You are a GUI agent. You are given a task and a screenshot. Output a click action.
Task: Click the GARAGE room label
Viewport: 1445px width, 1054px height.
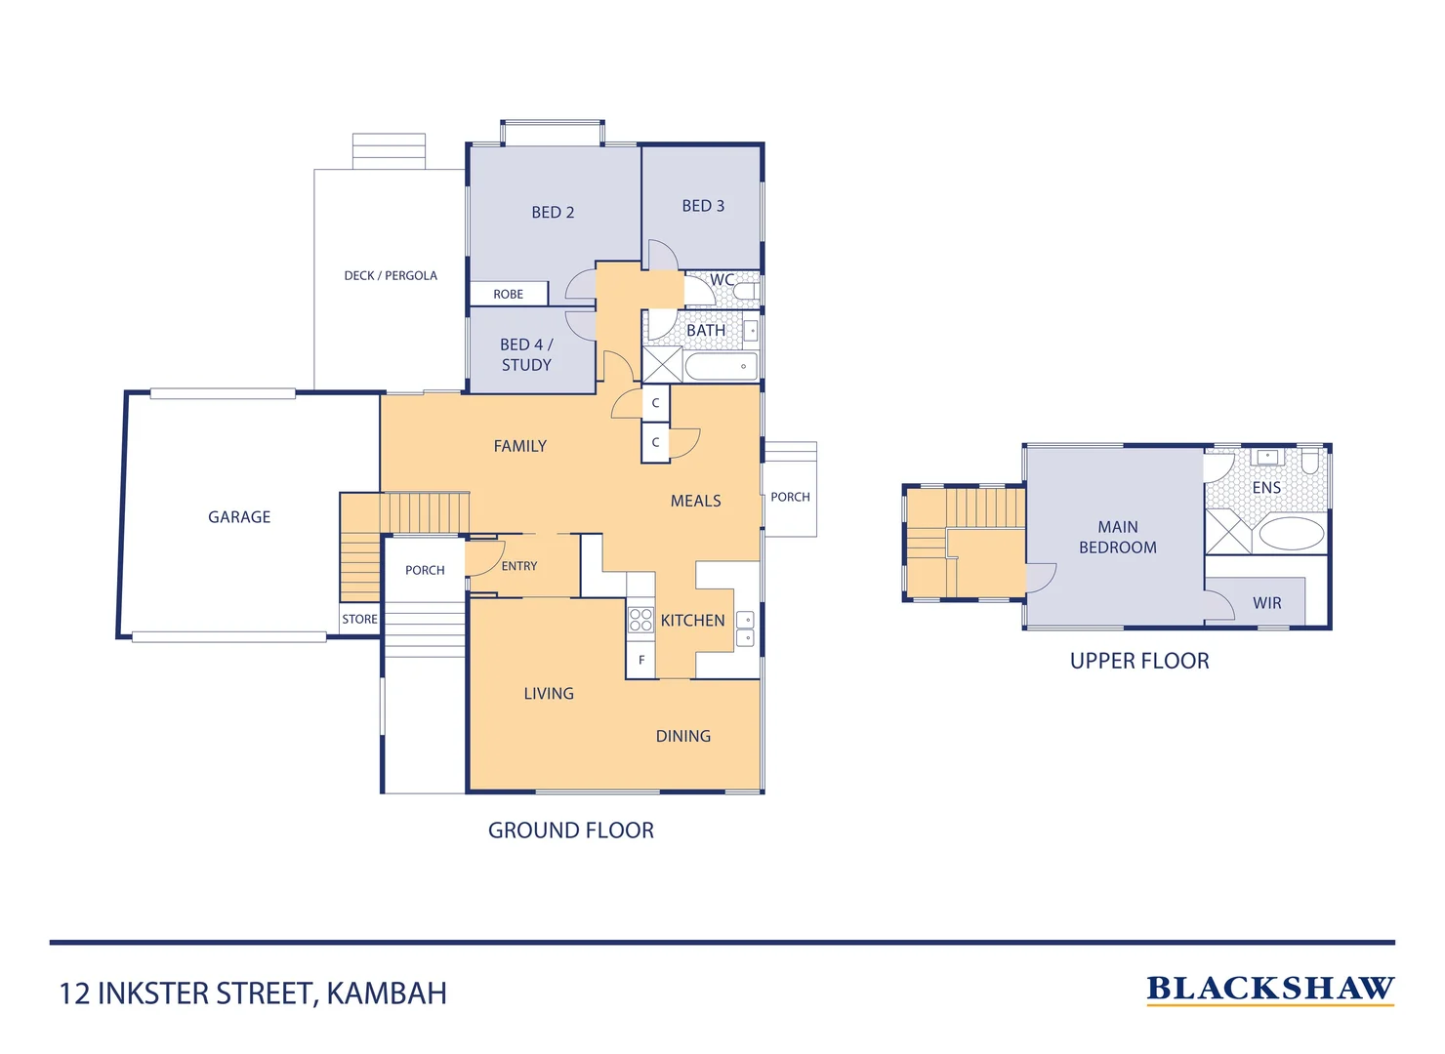click(x=239, y=517)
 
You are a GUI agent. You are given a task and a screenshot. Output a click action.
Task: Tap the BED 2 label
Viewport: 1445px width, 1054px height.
click(x=553, y=213)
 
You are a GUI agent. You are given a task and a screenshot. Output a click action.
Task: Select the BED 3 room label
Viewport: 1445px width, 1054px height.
click(x=703, y=206)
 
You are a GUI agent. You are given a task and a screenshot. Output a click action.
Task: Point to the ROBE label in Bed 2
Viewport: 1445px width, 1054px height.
click(x=508, y=294)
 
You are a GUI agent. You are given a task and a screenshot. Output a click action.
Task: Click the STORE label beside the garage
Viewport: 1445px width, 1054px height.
click(x=359, y=619)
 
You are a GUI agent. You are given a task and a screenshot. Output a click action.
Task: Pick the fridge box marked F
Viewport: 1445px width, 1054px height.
click(x=641, y=661)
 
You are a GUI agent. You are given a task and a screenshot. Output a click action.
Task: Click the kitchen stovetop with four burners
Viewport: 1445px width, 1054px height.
click(x=640, y=619)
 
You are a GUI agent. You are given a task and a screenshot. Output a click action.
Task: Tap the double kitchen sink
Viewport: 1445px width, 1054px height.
click(x=745, y=628)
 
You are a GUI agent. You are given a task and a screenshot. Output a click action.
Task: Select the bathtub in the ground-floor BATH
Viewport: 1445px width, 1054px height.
click(x=721, y=367)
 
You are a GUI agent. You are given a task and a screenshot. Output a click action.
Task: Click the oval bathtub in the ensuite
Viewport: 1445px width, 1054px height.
click(x=1291, y=534)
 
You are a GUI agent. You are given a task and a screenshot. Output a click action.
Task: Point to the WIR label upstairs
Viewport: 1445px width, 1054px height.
click(x=1267, y=603)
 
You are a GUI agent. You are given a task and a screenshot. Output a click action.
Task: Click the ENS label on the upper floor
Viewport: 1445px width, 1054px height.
click(x=1266, y=487)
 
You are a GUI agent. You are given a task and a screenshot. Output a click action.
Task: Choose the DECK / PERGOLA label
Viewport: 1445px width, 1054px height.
click(x=391, y=276)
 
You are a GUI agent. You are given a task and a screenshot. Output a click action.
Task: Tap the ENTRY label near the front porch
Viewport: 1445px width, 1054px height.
click(x=519, y=566)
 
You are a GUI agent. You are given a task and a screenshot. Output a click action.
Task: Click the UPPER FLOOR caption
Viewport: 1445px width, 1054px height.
click(x=1139, y=661)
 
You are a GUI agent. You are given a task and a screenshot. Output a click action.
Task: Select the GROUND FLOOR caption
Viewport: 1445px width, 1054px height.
click(x=571, y=831)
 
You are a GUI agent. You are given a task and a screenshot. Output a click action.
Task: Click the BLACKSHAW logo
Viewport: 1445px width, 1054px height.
click(x=1270, y=989)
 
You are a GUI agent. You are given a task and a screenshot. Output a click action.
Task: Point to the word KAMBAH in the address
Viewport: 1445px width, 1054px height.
click(x=387, y=993)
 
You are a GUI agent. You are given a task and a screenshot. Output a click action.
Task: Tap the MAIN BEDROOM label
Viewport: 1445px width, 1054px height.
click(x=1118, y=538)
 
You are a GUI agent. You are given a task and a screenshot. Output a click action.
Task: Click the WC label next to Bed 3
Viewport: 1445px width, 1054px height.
click(x=722, y=280)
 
